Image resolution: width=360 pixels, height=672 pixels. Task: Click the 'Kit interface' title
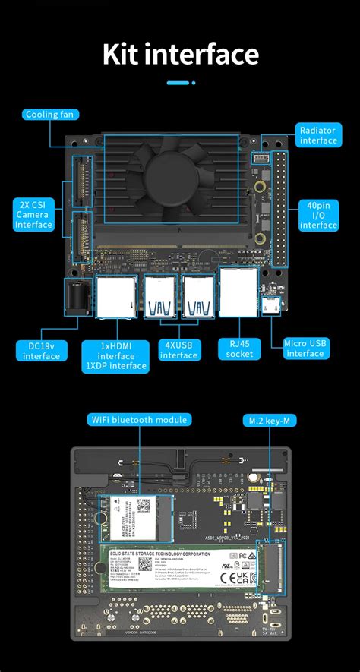(180, 54)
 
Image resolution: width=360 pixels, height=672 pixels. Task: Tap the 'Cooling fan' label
(50, 115)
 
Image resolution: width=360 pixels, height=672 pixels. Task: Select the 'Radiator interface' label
(318, 135)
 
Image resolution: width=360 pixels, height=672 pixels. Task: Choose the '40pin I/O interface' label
(318, 215)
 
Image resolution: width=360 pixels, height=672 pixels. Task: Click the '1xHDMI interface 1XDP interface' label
(116, 355)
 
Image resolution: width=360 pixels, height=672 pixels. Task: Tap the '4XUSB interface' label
(179, 350)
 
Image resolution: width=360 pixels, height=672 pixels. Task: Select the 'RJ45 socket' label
(239, 349)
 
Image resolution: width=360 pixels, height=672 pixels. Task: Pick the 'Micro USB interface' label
(305, 349)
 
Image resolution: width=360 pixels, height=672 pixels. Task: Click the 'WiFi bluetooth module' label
(139, 419)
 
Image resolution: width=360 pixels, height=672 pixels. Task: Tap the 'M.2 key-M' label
(267, 419)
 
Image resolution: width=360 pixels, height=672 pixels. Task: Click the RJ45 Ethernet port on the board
(238, 292)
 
